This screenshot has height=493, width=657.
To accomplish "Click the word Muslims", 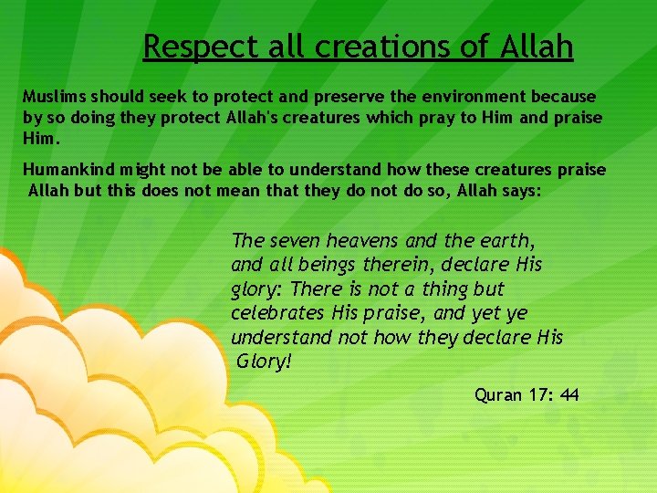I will click(54, 96).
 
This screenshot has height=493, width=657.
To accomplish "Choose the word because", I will click(565, 96).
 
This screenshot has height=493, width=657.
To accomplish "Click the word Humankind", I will click(65, 170).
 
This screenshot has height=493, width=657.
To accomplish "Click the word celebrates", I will click(277, 313).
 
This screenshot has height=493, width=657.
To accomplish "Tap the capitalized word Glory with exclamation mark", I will click(264, 362).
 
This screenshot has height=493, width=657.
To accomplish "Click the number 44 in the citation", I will click(569, 395).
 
